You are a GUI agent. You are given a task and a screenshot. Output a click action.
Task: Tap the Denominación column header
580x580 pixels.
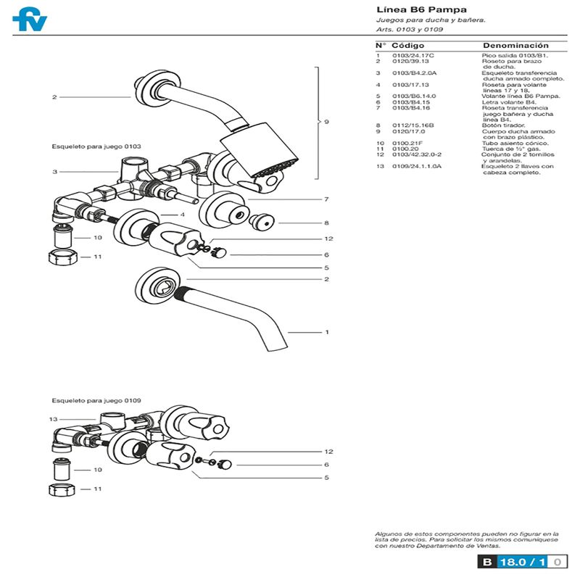click(515, 45)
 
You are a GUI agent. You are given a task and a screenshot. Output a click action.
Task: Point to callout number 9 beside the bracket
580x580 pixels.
click(326, 122)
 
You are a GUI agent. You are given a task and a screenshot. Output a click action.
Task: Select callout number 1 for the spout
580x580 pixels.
click(327, 332)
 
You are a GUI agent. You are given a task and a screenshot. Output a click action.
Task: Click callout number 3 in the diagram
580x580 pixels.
click(54, 172)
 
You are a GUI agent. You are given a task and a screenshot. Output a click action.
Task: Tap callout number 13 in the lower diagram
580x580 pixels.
click(53, 419)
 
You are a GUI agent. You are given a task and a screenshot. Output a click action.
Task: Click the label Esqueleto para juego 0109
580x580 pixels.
click(96, 400)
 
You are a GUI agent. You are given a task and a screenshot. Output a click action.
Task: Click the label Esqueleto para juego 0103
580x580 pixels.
click(96, 146)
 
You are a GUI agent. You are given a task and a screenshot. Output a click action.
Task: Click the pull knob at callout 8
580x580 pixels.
click(259, 222)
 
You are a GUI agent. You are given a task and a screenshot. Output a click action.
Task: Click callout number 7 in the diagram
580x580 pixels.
click(327, 199)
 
